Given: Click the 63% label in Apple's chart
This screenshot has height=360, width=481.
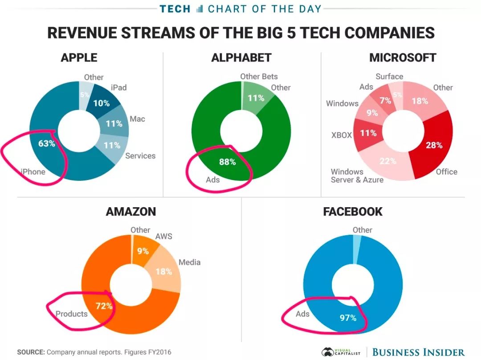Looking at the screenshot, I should (x=46, y=143).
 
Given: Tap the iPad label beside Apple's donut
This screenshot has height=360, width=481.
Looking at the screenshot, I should (x=118, y=87).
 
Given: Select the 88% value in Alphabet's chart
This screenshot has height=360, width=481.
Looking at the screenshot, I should (x=227, y=162).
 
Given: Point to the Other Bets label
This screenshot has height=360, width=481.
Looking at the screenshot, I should (x=259, y=76).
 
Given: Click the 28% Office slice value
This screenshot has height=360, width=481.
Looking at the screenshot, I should (x=433, y=145).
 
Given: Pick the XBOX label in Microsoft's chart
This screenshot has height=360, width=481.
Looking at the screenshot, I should (x=341, y=135).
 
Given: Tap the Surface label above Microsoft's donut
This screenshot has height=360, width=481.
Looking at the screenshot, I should (x=389, y=76).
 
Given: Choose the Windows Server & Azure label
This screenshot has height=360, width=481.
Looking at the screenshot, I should (x=357, y=176).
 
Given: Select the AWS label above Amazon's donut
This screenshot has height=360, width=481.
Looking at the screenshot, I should (x=163, y=236).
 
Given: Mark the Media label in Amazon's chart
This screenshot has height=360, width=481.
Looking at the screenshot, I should (x=189, y=262).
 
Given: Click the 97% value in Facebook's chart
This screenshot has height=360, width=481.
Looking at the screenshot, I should (x=347, y=318).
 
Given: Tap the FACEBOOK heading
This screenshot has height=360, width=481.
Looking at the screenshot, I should (x=353, y=211).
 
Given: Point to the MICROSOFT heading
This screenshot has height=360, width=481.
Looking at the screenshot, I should (x=402, y=57).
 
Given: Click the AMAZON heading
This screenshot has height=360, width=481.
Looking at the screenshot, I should (x=131, y=211).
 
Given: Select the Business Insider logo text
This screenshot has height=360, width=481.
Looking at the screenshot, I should (x=418, y=352).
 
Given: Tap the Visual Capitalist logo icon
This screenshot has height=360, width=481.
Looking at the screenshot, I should (x=328, y=352).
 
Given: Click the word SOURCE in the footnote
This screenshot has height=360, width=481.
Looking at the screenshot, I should (x=31, y=352).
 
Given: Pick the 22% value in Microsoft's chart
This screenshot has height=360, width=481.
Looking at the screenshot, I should (x=388, y=161).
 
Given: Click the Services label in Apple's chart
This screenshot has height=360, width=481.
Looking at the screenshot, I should (x=140, y=155).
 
